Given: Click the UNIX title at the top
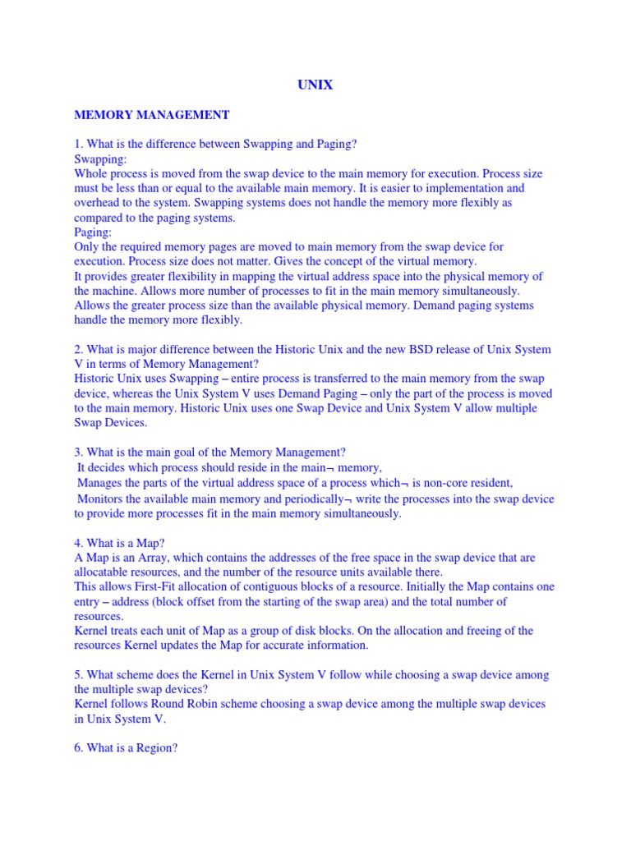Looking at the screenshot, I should [x=315, y=85].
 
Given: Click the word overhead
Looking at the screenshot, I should [x=99, y=203].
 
